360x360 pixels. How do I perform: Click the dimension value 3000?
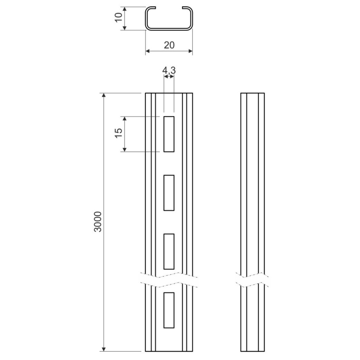[x=98, y=222]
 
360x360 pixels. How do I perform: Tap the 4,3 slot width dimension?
[x=169, y=70]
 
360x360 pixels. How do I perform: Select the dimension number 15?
[x=119, y=133]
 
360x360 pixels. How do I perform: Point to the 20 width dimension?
[x=169, y=45]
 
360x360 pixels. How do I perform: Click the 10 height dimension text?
[x=119, y=17]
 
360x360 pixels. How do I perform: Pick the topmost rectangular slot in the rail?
[x=169, y=134]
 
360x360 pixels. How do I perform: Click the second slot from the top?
[x=169, y=193]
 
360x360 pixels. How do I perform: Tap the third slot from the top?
[x=169, y=252]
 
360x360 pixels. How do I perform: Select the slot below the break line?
[x=169, y=310]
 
